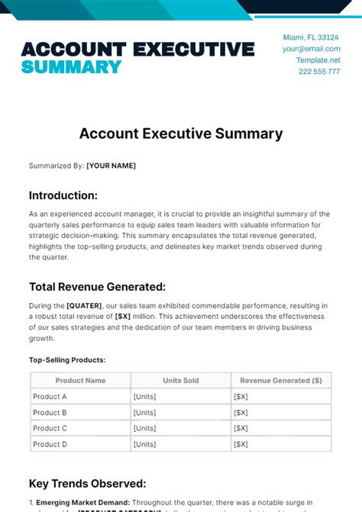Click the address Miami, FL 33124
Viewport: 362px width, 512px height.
click(311, 37)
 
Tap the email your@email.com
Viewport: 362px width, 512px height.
click(311, 49)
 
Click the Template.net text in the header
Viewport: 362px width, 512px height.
click(318, 60)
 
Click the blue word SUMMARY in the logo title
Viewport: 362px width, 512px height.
click(71, 66)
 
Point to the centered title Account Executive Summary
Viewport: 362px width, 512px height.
click(181, 134)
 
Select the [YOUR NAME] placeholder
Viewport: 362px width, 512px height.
click(111, 166)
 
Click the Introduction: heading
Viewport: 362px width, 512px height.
click(63, 195)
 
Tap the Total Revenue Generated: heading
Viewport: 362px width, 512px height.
click(97, 287)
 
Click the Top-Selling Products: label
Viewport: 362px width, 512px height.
click(67, 359)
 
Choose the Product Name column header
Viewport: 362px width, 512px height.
click(80, 380)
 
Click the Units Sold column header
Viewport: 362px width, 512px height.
click(180, 380)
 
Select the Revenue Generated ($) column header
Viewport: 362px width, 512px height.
click(281, 380)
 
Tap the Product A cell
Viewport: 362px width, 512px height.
click(50, 397)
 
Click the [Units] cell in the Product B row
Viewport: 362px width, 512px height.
click(145, 413)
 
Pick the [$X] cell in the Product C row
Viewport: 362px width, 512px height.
click(240, 429)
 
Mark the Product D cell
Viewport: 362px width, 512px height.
click(50, 444)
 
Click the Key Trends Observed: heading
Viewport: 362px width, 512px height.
click(87, 484)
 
